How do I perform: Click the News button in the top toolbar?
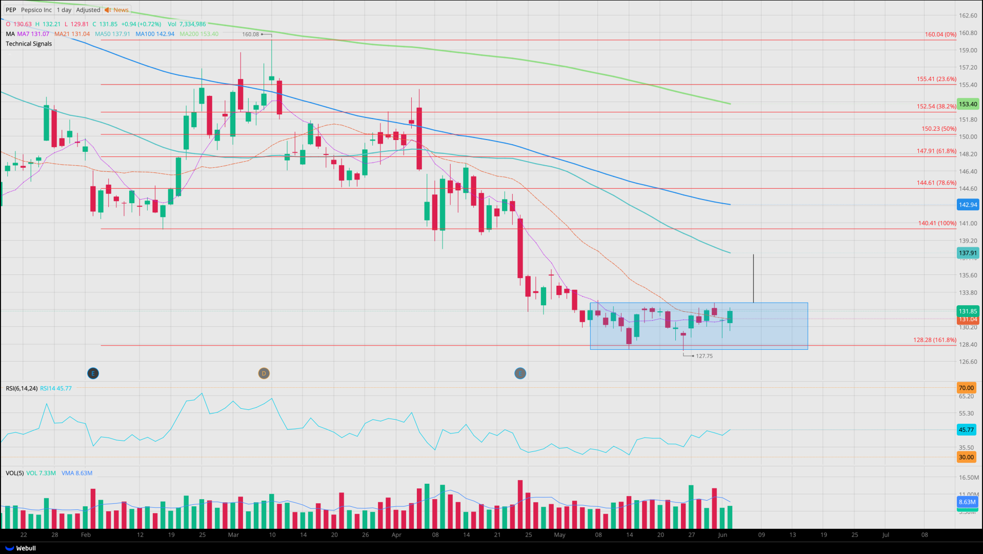click(x=117, y=10)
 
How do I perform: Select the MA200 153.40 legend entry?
click(x=199, y=34)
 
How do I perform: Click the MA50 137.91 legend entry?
click(x=112, y=34)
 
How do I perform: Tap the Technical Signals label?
click(x=29, y=44)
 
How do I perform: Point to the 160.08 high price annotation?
click(x=251, y=34)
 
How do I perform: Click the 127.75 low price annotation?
click(x=704, y=356)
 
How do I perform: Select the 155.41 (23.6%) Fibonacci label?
click(x=936, y=79)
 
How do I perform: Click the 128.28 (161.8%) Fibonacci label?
click(x=934, y=340)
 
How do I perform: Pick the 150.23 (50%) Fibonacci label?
click(x=938, y=129)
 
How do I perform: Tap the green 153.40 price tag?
click(x=968, y=104)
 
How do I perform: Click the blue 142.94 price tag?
click(x=968, y=205)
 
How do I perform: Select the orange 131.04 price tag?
click(x=968, y=320)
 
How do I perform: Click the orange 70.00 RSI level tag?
click(x=966, y=388)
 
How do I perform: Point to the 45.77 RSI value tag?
click(x=966, y=430)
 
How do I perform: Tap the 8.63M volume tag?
click(x=967, y=502)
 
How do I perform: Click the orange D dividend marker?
click(x=264, y=373)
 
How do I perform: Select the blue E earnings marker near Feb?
click(x=93, y=373)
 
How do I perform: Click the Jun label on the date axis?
click(x=723, y=535)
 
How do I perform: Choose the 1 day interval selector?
click(x=64, y=10)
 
